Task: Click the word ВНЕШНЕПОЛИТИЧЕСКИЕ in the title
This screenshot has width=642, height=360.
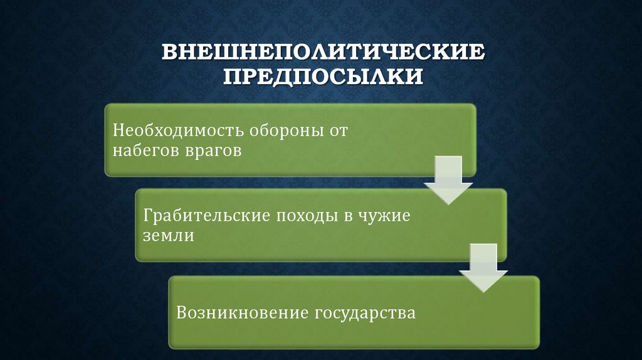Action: (x=324, y=52)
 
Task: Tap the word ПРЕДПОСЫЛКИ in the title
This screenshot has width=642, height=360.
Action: (x=324, y=77)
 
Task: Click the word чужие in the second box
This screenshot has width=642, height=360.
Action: (x=384, y=216)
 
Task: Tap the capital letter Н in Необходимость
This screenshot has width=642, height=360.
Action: (x=118, y=132)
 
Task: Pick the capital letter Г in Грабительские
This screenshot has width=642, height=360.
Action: (x=147, y=216)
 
